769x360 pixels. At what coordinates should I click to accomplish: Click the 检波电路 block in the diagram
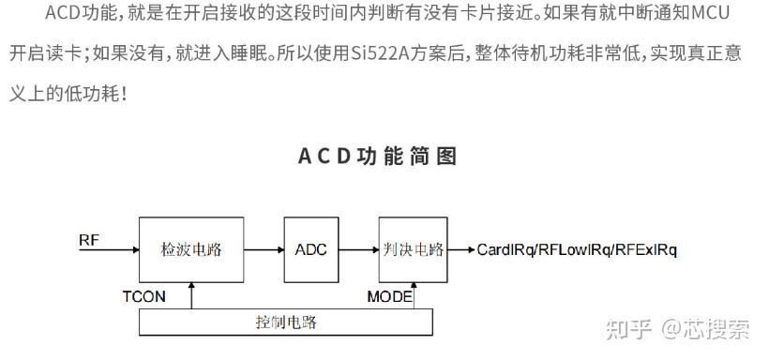(192, 249)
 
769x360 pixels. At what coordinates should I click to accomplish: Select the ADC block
(310, 249)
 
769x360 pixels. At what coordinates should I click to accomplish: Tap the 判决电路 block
(413, 249)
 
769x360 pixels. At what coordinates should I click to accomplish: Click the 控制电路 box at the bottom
(286, 322)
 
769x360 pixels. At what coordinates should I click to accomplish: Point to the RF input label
(89, 240)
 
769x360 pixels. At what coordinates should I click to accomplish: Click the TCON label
(143, 296)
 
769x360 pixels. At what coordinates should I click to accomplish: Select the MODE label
(388, 296)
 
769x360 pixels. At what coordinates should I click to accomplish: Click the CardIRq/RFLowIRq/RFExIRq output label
(577, 249)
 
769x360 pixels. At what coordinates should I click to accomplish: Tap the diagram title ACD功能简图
(378, 156)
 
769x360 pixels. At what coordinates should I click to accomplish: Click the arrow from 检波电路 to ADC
(264, 250)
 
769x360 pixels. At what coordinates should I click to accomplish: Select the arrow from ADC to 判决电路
(358, 250)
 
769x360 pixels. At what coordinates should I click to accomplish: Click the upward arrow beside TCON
(191, 296)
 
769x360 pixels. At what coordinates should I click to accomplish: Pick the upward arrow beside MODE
(414, 296)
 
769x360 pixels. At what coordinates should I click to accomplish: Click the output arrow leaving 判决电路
(461, 250)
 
